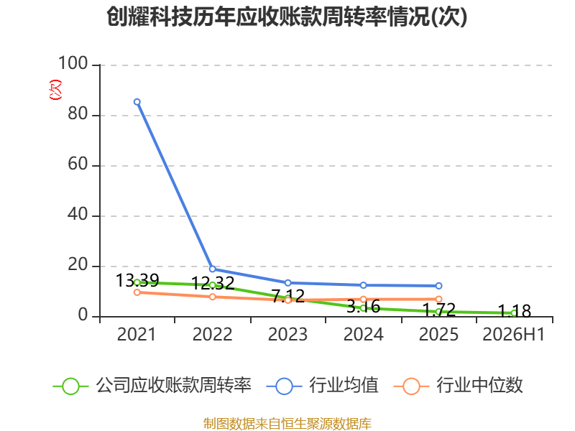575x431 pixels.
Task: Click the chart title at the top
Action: click(287, 17)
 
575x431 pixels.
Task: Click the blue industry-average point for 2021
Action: click(137, 102)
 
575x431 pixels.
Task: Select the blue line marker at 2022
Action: click(212, 269)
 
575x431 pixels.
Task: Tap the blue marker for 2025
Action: click(438, 286)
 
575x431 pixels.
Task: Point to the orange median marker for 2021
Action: click(137, 292)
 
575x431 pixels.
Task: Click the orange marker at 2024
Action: click(363, 300)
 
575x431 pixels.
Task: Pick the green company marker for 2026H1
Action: click(514, 313)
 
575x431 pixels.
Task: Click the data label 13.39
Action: click(137, 281)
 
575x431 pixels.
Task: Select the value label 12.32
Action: click(213, 283)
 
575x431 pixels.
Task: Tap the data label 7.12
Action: click(288, 296)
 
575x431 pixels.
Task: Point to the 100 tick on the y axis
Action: click(73, 63)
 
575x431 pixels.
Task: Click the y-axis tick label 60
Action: click(78, 164)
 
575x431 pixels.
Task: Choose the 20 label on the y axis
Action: click(78, 264)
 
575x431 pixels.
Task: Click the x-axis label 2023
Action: click(287, 335)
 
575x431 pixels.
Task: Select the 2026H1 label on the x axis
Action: click(514, 335)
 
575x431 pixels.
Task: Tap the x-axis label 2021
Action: click(137, 335)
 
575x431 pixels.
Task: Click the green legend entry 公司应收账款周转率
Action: click(152, 386)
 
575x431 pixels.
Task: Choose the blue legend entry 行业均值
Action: click(322, 386)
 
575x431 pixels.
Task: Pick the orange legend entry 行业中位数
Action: click(458, 386)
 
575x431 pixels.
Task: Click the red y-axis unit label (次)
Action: click(55, 90)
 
